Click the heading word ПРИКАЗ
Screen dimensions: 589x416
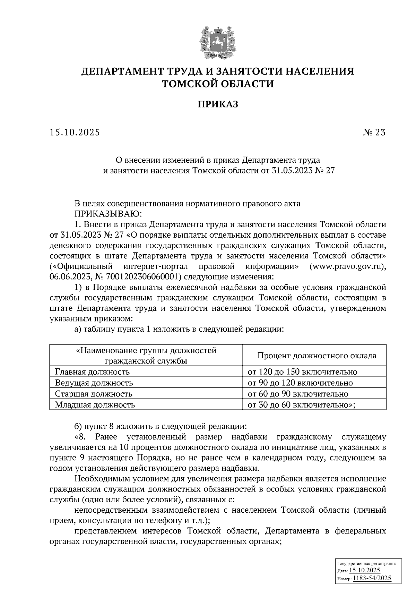(218, 104)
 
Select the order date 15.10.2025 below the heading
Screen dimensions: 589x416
(75, 132)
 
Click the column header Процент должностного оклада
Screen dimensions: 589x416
(317, 356)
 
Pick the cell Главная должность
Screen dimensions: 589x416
(93, 372)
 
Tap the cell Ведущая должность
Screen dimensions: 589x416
(94, 383)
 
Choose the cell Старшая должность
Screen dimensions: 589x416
(94, 394)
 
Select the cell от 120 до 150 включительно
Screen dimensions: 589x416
(302, 372)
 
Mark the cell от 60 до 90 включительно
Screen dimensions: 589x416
(298, 394)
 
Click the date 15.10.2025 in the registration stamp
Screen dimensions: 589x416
(364, 571)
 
